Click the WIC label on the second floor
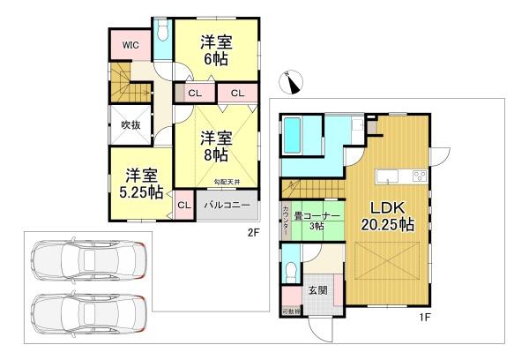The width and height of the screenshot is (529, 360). click(128, 43)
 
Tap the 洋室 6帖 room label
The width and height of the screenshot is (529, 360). click(216, 49)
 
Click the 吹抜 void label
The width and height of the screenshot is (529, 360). click(130, 125)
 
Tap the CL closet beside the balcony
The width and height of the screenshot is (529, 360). click(183, 206)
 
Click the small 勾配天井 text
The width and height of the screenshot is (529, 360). click(227, 181)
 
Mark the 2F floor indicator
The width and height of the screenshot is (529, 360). click(253, 233)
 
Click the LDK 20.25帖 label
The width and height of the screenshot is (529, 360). click(385, 215)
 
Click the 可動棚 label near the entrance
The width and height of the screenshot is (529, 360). click(291, 311)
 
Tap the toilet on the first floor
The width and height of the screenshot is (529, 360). click(292, 261)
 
